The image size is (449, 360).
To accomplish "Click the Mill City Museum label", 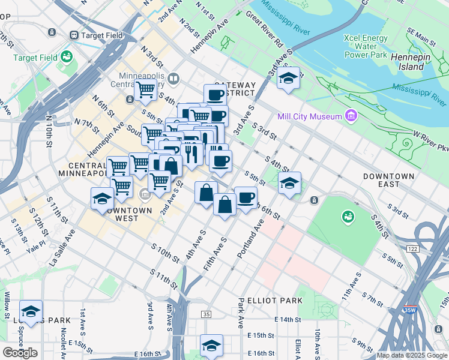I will (309, 116).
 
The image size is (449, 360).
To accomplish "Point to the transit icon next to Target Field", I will (75, 35).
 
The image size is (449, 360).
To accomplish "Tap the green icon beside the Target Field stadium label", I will (67, 58).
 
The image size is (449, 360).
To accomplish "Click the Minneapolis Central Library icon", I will (173, 78).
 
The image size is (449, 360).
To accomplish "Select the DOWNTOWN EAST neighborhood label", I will (388, 180).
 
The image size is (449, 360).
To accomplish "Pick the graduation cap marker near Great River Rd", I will (288, 78).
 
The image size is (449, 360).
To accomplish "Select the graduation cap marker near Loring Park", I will (31, 311).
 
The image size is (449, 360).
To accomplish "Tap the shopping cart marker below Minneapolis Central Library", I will (145, 91).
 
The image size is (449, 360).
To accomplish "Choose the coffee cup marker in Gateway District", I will (215, 94).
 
